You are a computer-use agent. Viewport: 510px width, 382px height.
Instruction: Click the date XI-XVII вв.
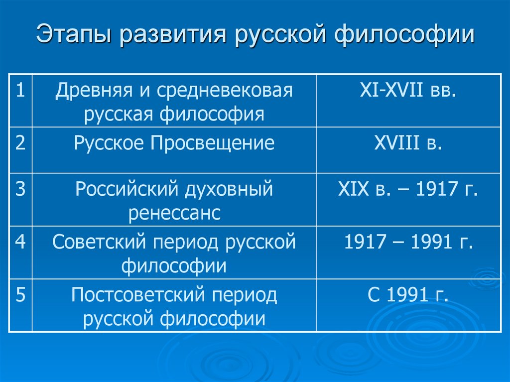click(408, 92)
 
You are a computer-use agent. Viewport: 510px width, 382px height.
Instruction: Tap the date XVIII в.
click(408, 143)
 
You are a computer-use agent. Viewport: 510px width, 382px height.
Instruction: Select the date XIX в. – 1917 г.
click(408, 190)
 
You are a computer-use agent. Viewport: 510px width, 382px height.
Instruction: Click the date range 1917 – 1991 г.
click(408, 242)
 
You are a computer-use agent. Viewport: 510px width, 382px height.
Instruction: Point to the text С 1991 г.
click(408, 295)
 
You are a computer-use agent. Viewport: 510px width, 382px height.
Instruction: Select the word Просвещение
click(212, 143)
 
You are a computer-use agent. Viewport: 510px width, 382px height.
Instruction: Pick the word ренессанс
click(174, 214)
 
